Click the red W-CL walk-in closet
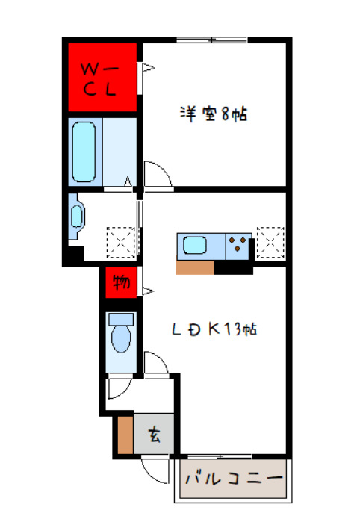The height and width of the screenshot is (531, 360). pyautogui.click(x=102, y=78)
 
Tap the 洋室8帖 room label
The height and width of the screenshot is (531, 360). pyautogui.click(x=213, y=115)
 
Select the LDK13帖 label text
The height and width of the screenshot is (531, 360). pyautogui.click(x=214, y=329)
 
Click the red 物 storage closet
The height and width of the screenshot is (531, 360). pyautogui.click(x=120, y=282)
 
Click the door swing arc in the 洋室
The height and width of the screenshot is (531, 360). pyautogui.click(x=156, y=173)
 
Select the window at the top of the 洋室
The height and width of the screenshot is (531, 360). pyautogui.click(x=212, y=40)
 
